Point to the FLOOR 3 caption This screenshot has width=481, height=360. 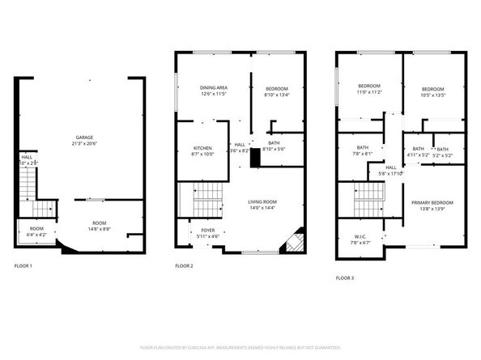[347, 277]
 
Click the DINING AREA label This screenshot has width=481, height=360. [214, 87]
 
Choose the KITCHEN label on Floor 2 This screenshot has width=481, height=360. [202, 148]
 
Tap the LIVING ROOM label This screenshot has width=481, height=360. [262, 201]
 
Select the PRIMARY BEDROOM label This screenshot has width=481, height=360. [432, 202]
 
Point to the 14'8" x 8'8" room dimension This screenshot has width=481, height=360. [99, 229]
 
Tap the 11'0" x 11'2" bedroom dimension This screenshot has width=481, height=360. [369, 92]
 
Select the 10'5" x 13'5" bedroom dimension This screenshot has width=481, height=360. [433, 95]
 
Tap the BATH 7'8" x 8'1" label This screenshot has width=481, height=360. [362, 151]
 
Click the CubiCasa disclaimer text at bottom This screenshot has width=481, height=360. [240, 347]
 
